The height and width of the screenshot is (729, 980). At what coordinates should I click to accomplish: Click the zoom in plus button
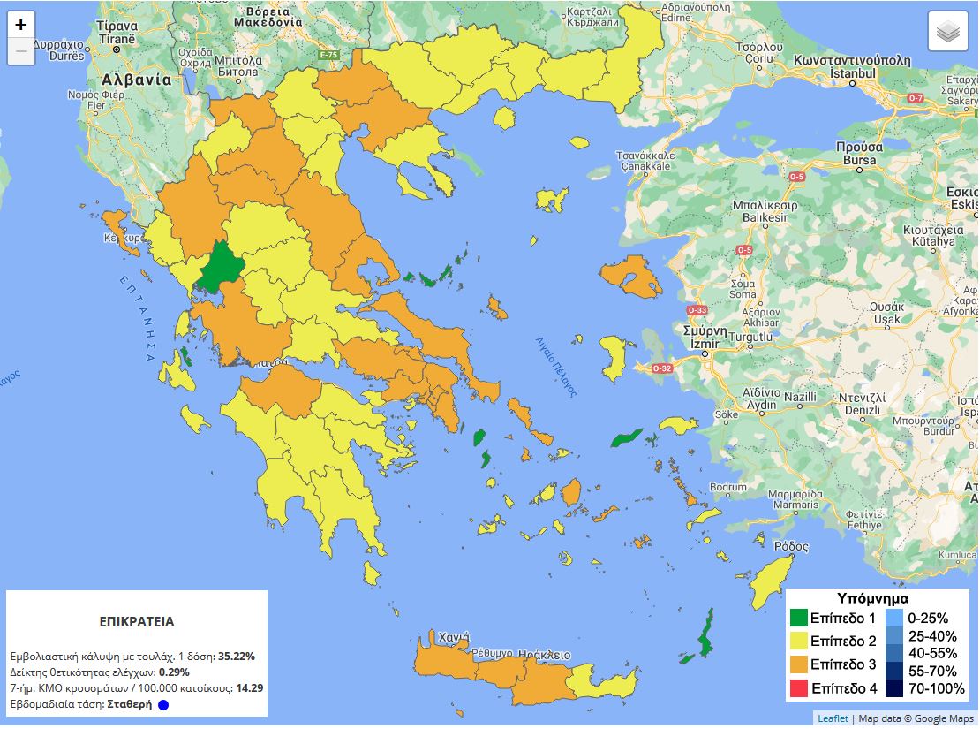click(x=21, y=25)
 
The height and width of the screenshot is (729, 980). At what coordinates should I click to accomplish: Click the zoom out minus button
click(x=21, y=51)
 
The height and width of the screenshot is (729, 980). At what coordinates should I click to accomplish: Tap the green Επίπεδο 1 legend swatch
click(x=799, y=619)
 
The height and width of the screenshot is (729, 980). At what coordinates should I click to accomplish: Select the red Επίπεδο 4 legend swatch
click(x=799, y=687)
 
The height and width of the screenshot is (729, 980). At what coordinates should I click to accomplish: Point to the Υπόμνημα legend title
click(x=872, y=598)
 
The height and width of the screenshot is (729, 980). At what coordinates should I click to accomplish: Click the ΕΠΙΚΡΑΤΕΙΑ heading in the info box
click(x=137, y=622)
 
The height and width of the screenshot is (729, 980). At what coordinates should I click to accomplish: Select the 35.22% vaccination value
click(x=237, y=657)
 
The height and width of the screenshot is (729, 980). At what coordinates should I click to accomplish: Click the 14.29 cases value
click(x=250, y=687)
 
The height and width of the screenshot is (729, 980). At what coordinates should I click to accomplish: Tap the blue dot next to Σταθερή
click(x=163, y=705)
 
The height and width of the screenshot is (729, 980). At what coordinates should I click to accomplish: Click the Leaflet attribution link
click(x=833, y=718)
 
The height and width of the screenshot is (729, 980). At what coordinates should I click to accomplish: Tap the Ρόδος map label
click(x=791, y=546)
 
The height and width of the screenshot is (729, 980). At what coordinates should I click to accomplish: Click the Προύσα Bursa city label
click(x=859, y=154)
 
